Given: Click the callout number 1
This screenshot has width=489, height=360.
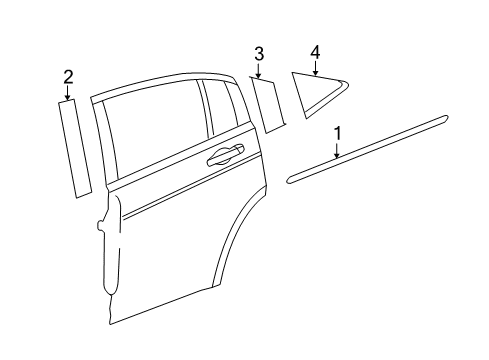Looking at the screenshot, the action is (x=337, y=131).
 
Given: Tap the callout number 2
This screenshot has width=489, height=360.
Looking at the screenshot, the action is (x=68, y=76).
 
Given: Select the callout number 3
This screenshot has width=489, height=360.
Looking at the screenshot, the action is (x=258, y=53).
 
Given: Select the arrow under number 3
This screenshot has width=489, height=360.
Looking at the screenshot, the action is (x=258, y=71).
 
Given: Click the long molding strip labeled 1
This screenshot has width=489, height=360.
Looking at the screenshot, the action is (x=370, y=149).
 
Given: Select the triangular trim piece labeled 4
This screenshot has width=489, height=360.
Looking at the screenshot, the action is (x=320, y=93).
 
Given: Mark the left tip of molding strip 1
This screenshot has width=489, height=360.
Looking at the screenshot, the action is (x=291, y=179).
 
